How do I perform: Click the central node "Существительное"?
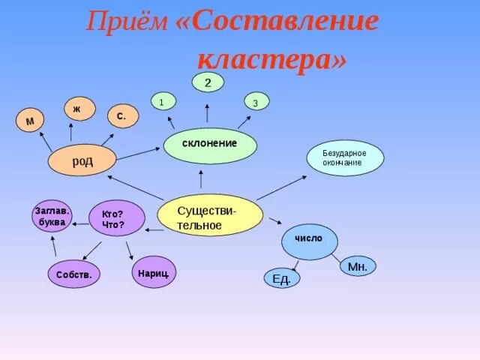210,215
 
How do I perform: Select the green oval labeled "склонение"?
210,145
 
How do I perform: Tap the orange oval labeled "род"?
82,160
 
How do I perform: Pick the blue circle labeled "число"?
309,241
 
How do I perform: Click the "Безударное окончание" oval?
346,158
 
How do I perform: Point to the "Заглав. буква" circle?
52,216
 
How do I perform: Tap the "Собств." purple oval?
73,275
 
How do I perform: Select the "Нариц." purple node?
154,272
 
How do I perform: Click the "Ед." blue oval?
281,279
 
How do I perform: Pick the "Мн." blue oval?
357,266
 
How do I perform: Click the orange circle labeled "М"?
30,121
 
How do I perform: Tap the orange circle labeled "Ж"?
79,109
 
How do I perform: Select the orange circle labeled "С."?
122,117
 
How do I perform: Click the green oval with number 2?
208,83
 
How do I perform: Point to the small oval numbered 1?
163,100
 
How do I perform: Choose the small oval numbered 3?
256,102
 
